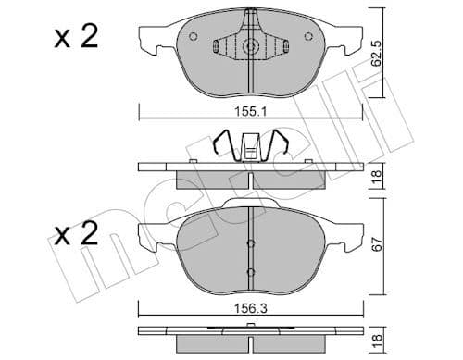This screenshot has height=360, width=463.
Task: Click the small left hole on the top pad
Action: click(x=192, y=38)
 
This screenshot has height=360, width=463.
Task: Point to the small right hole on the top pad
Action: click(x=307, y=38)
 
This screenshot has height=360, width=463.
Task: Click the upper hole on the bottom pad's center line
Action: click(x=250, y=244)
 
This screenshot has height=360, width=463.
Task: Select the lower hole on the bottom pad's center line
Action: click(x=250, y=271)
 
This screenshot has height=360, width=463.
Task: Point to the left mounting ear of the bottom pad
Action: click(x=149, y=234)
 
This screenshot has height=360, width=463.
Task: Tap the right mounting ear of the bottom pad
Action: click(x=352, y=234)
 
